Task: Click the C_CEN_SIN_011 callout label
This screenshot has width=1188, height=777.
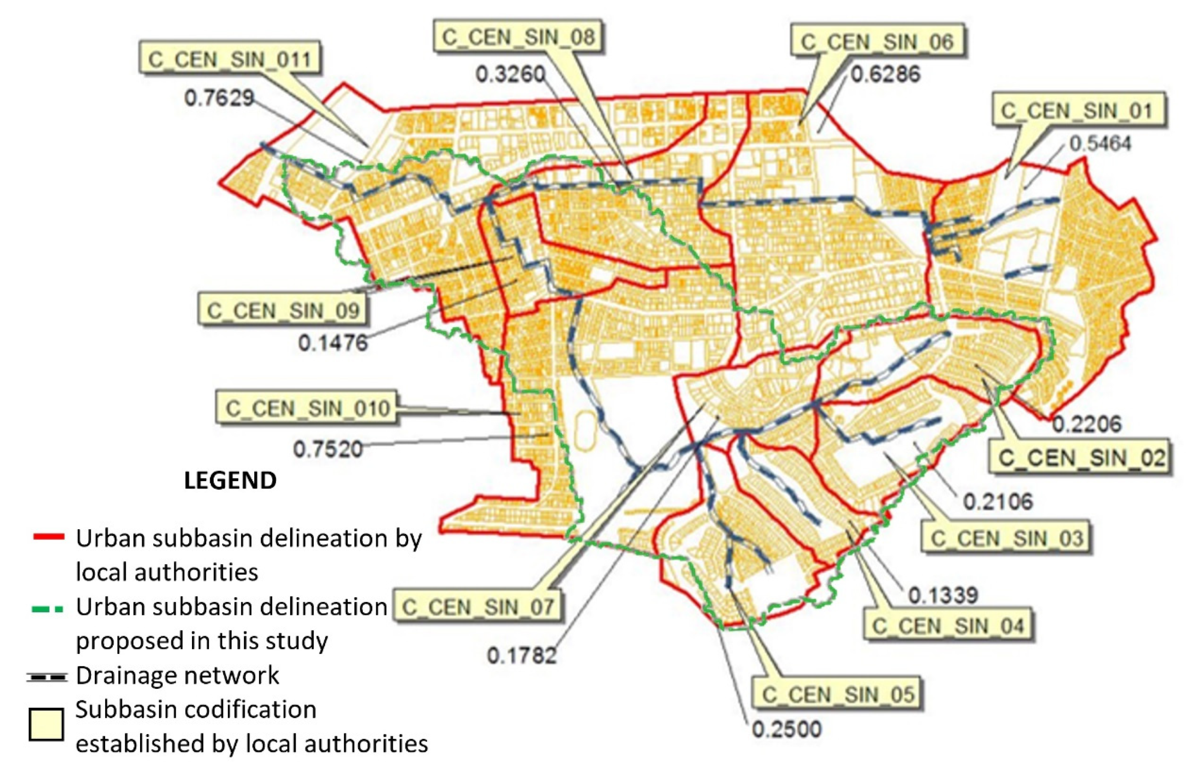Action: click(229, 59)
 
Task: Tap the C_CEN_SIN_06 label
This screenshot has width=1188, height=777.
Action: click(877, 42)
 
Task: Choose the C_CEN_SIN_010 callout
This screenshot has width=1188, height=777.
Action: click(307, 408)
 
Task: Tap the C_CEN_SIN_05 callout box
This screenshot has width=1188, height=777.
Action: click(837, 694)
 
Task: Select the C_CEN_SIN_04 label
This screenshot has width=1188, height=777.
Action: click(948, 625)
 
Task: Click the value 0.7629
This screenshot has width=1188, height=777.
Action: click(219, 97)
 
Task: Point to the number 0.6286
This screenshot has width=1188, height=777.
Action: click(885, 74)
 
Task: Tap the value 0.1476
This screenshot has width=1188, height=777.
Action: click(333, 342)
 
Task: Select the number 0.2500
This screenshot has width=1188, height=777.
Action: click(787, 729)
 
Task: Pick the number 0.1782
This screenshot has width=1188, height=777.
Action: click(522, 655)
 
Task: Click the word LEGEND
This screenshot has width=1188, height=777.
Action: click(230, 480)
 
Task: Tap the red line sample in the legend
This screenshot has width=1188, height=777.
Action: click(48, 537)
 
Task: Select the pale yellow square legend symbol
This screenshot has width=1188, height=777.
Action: click(46, 724)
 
